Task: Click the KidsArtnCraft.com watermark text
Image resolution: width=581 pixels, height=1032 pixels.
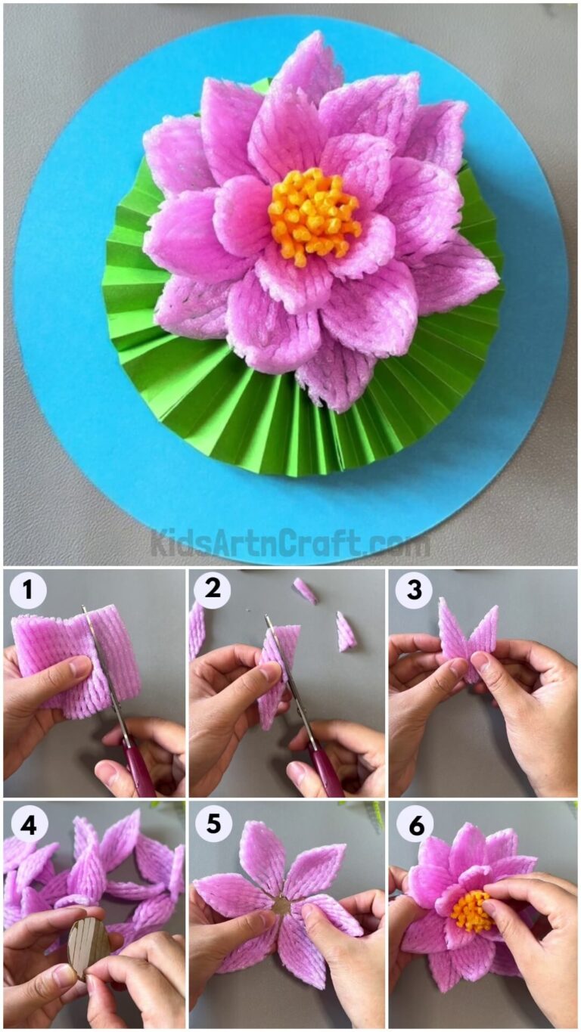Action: [290, 544]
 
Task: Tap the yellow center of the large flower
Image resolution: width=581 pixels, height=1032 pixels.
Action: [314, 215]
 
